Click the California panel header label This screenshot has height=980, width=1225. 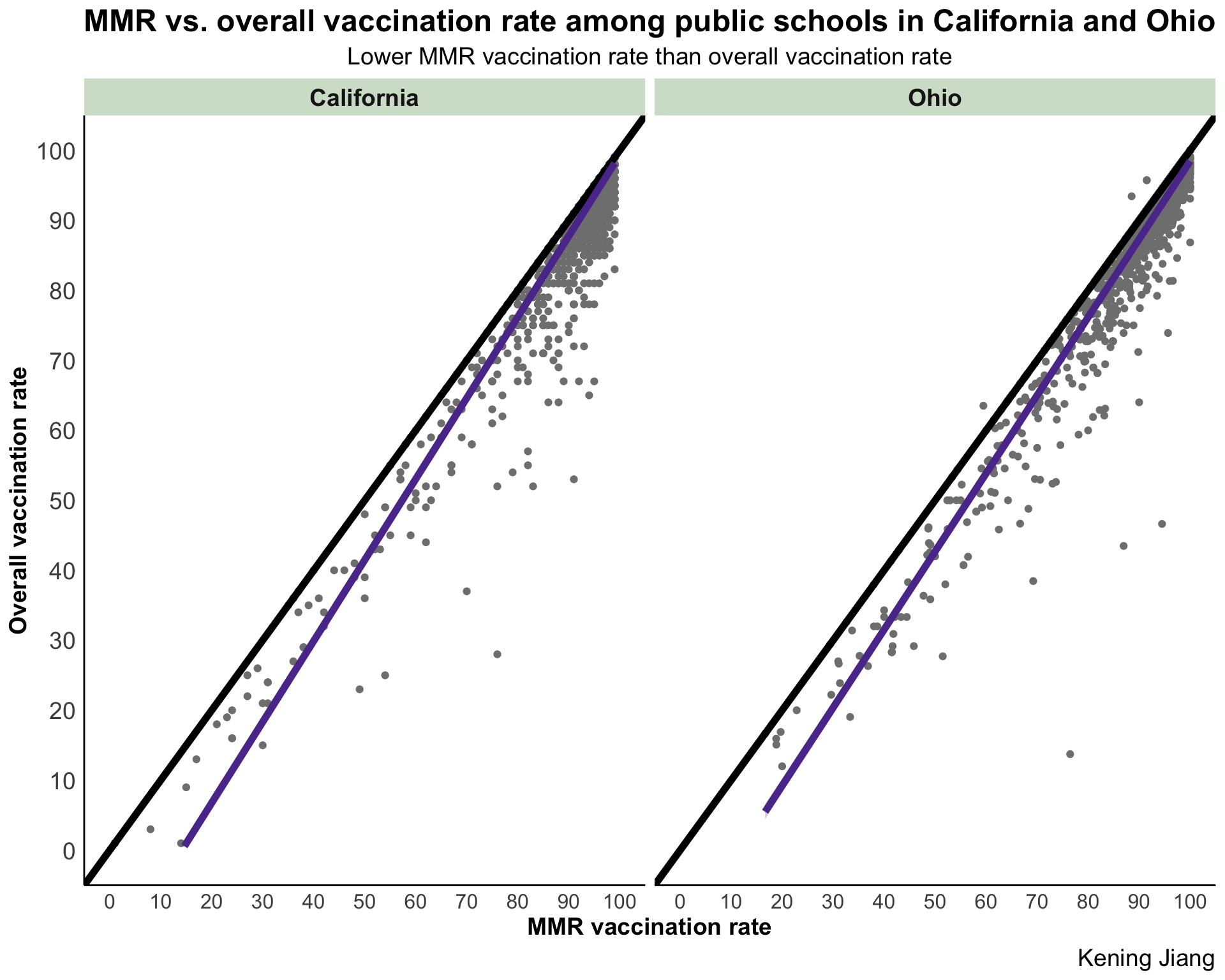click(364, 98)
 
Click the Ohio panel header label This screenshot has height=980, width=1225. click(935, 98)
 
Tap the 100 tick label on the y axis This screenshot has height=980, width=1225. click(56, 152)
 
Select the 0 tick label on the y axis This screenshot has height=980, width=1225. click(69, 851)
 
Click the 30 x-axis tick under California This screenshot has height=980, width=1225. click(262, 902)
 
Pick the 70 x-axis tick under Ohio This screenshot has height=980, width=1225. click(1037, 902)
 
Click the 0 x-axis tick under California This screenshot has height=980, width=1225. click(109, 902)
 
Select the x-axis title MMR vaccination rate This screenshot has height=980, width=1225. click(649, 928)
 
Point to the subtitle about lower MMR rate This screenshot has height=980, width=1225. click(649, 57)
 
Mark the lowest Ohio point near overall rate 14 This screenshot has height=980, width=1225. click(1070, 754)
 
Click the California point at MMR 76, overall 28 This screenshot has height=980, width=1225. click(497, 654)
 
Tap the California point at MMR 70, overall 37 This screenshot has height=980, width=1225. click(466, 591)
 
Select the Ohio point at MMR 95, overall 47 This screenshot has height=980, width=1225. click(1162, 524)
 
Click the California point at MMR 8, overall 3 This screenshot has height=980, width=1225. click(151, 829)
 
